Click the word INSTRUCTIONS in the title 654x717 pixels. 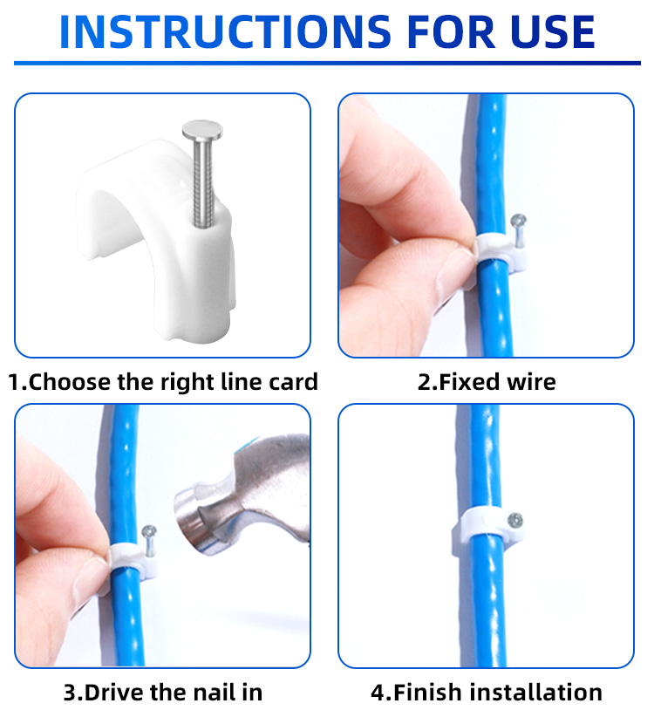[x=225, y=32]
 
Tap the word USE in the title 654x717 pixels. [x=553, y=32]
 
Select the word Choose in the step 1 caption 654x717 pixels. [x=69, y=382]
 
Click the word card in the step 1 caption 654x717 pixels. [x=293, y=382]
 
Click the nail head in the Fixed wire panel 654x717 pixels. [x=518, y=222]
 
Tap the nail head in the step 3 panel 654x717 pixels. [x=149, y=532]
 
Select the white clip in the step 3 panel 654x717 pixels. [x=133, y=562]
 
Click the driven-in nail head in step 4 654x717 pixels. [x=514, y=520]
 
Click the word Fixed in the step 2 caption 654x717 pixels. [x=469, y=382]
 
